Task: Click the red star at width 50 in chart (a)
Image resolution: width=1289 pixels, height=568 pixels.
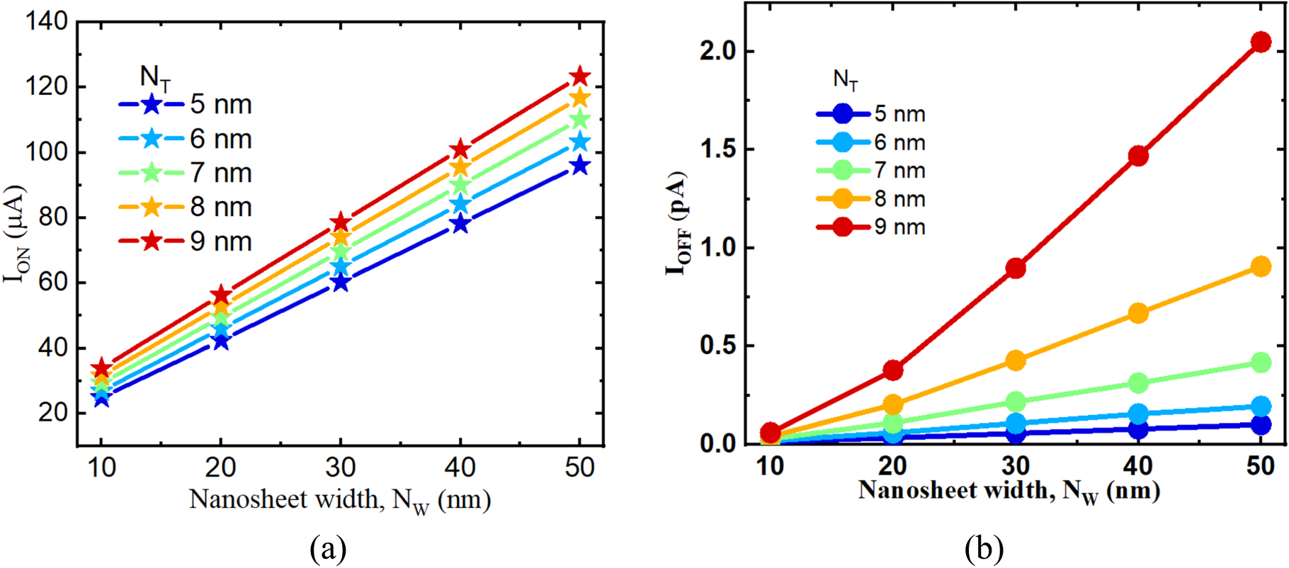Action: pyautogui.click(x=580, y=76)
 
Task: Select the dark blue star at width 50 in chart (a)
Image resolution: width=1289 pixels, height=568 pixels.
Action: pyautogui.click(x=580, y=166)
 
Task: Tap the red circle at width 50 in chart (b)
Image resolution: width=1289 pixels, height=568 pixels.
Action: pyautogui.click(x=1261, y=42)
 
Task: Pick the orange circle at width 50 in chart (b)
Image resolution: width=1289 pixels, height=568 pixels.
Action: pyautogui.click(x=1261, y=267)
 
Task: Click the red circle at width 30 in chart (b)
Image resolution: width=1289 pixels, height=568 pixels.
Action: pyautogui.click(x=1016, y=268)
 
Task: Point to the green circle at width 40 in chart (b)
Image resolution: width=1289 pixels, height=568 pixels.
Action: pyautogui.click(x=1138, y=383)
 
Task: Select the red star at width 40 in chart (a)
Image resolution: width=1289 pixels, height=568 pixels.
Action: pyautogui.click(x=460, y=149)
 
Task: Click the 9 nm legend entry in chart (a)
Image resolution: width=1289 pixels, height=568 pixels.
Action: pyautogui.click(x=186, y=242)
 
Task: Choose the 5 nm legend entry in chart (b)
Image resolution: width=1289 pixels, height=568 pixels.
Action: pyautogui.click(x=871, y=114)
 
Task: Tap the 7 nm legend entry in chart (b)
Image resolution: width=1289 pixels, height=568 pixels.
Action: pyautogui.click(x=871, y=171)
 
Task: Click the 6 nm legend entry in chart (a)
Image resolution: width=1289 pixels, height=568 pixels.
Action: pyautogui.click(x=186, y=139)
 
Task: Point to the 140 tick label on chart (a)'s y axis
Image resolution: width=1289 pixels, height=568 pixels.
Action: pyautogui.click(x=47, y=22)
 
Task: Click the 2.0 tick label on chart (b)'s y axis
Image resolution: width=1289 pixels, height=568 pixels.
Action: pyautogui.click(x=717, y=52)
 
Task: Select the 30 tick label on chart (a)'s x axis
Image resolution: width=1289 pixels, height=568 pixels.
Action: pyautogui.click(x=341, y=467)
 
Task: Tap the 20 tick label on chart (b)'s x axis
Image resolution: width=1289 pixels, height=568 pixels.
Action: pyautogui.click(x=893, y=466)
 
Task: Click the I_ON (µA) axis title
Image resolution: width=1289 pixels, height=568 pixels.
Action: pyautogui.click(x=16, y=234)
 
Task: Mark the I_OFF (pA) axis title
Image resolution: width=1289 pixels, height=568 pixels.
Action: pyautogui.click(x=678, y=223)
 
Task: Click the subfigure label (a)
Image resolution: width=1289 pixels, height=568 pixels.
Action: pyautogui.click(x=328, y=548)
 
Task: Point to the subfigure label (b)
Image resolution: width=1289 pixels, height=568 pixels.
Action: pyautogui.click(x=984, y=548)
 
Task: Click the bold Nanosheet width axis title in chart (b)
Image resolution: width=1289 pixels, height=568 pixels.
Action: pyautogui.click(x=1009, y=491)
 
